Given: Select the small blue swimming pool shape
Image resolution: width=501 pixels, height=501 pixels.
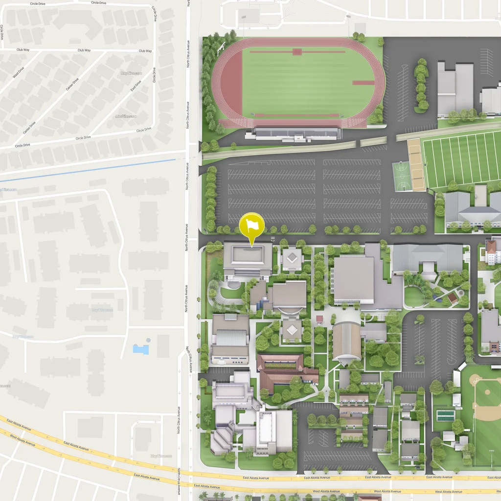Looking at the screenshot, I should [140, 349].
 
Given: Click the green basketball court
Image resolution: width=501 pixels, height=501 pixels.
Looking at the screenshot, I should [401, 176].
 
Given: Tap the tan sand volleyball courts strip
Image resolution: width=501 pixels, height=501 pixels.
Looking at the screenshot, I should [416, 165].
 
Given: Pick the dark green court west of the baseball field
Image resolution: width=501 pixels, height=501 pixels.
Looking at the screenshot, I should [445, 415].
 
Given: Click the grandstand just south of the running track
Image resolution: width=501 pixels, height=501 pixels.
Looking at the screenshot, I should [296, 133].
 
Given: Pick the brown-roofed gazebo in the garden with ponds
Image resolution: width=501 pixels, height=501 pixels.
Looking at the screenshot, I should [453, 296].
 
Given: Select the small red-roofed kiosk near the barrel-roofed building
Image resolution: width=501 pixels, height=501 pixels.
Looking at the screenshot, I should [319, 319].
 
